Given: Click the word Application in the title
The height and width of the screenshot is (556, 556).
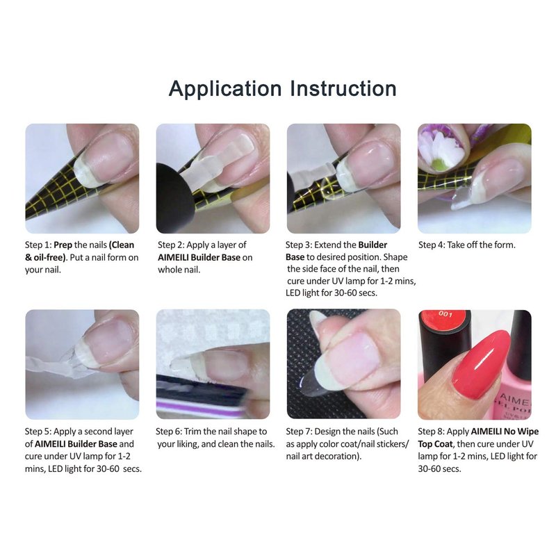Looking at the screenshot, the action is tap(224, 89).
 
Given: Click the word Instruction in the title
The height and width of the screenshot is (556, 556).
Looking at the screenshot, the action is tap(343, 88).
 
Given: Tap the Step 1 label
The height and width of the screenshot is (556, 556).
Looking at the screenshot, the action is tap(38, 245).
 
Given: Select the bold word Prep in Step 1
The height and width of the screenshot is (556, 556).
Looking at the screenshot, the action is tap(63, 245).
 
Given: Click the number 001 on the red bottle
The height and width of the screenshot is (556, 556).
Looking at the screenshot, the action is tap(445, 314).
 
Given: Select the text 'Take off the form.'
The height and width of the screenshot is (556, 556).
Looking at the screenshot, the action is tap(481, 245).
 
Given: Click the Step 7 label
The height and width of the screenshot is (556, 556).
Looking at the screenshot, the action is tap(299, 432).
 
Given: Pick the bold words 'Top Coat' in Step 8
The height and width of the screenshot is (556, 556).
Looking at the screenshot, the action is tap(435, 444).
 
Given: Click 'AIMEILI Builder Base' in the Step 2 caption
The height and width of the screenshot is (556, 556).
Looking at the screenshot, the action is tap(199, 257).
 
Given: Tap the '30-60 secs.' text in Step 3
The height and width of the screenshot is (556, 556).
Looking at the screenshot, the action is tap(356, 293).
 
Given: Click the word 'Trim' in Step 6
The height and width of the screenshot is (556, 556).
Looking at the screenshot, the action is tap(193, 432).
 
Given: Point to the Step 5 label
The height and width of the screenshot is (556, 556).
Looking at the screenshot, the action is tap(38, 432).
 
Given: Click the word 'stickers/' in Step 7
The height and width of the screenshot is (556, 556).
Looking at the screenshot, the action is tap(391, 444).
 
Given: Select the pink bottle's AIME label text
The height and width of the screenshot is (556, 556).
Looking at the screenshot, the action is tap(516, 400).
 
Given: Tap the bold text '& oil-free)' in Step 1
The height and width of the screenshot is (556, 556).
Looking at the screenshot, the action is tap(46, 258).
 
